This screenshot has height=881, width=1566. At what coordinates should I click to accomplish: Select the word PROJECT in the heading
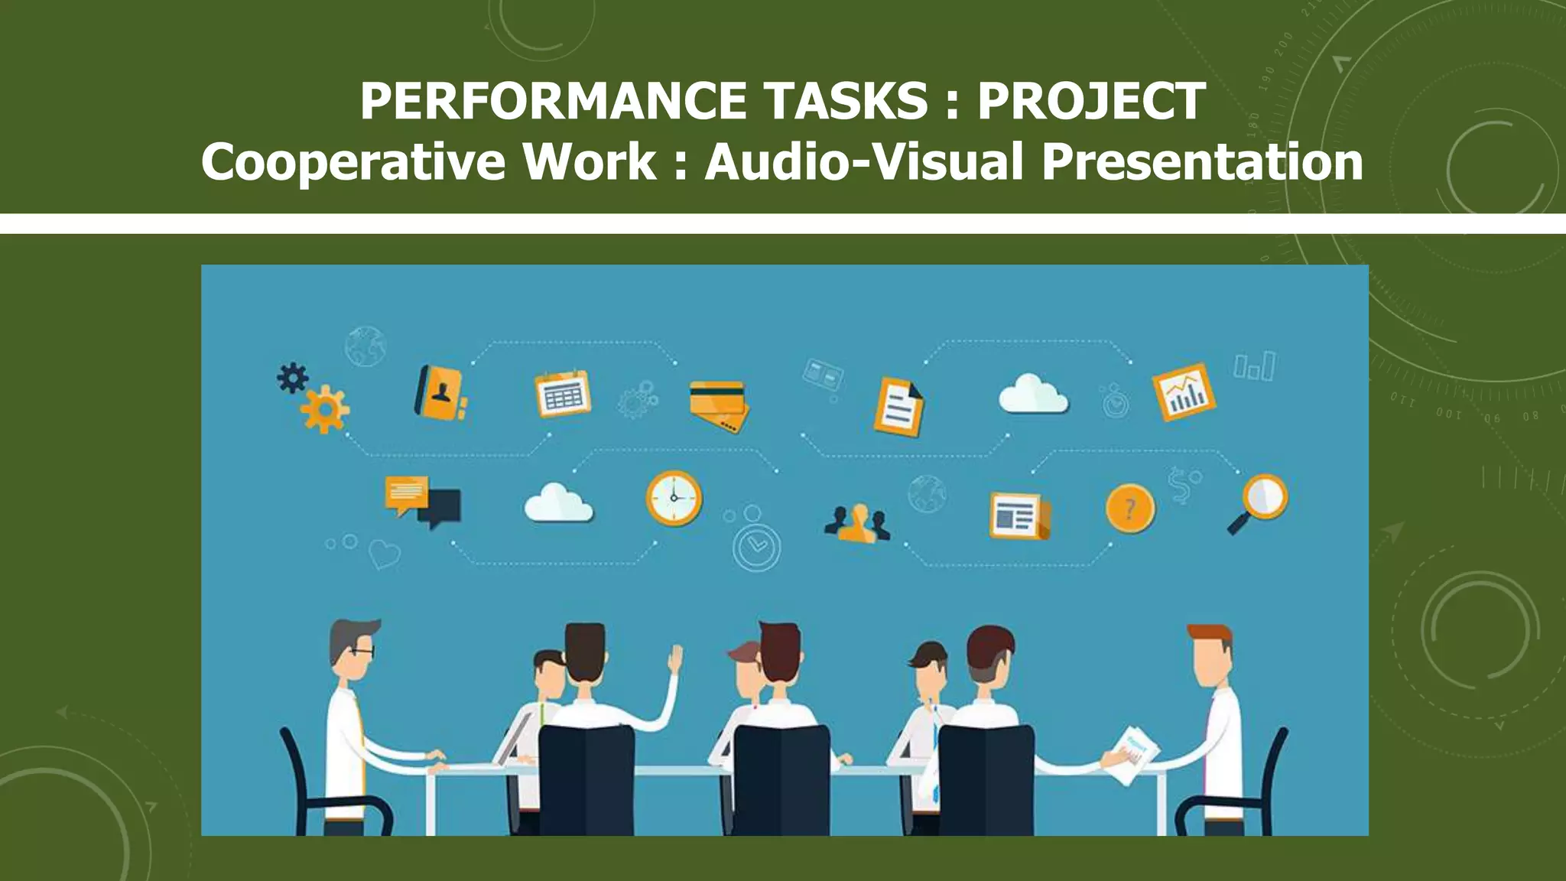tap(1091, 101)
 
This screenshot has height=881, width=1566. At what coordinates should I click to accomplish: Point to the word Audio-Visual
tap(863, 162)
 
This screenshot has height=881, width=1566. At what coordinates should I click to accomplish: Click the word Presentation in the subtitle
tap(1202, 162)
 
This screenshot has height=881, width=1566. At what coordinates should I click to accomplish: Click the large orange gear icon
tap(325, 410)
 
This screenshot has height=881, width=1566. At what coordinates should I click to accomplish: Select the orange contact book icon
tap(441, 392)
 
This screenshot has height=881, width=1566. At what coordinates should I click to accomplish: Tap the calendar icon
tap(563, 394)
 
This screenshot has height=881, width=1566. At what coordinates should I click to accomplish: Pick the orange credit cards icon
tap(719, 405)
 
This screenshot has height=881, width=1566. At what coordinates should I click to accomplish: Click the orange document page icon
tap(899, 407)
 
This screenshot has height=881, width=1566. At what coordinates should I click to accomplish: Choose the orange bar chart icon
tap(1184, 392)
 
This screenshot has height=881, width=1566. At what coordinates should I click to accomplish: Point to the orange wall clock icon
tap(674, 498)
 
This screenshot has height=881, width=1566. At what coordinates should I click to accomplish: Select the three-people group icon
tap(857, 524)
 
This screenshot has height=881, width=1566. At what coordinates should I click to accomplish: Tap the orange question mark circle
tap(1130, 509)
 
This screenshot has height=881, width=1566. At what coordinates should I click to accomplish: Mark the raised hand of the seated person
tap(675, 659)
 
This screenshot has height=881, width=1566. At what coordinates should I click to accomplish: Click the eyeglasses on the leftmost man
tap(362, 652)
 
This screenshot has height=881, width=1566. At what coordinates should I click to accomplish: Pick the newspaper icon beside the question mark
tap(1019, 515)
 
